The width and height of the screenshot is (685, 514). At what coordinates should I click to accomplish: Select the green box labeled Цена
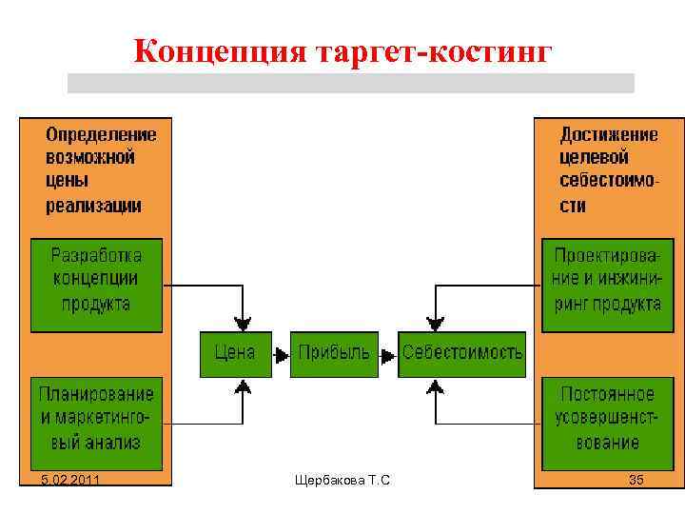tap(235, 353)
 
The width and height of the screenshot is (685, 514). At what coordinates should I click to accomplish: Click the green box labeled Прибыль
tap(334, 353)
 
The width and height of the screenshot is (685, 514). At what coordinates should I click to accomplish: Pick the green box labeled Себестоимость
tap(461, 353)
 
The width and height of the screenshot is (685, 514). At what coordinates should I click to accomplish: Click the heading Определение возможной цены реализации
tap(101, 168)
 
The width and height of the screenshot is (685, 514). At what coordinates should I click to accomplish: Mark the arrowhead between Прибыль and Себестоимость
tap(388, 354)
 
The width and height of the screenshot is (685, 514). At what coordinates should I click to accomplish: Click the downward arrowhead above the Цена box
tap(244, 324)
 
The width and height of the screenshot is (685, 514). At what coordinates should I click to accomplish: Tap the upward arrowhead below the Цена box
tap(244, 385)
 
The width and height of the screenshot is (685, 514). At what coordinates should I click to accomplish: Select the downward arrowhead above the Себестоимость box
tap(435, 324)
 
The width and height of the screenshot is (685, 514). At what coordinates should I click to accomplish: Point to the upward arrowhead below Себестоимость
tap(435, 385)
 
